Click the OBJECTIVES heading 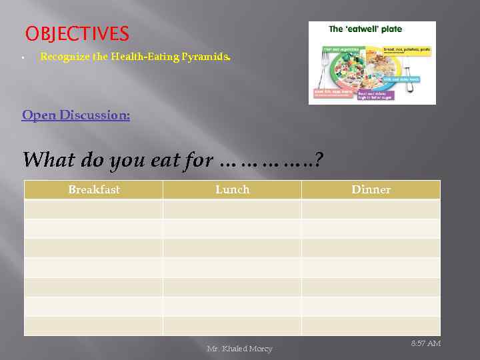coord(77,33)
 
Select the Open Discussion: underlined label coord(76,115)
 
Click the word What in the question coord(49,160)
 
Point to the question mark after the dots coord(318,161)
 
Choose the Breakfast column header coord(94,190)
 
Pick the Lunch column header coord(232,190)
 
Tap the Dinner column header coord(371,190)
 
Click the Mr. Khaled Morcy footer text coord(239,349)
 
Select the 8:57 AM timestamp coord(425,343)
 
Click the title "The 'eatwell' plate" coord(365,29)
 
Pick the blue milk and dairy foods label coord(401,79)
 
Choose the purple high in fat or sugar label coord(375,95)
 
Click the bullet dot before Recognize coord(23,58)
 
